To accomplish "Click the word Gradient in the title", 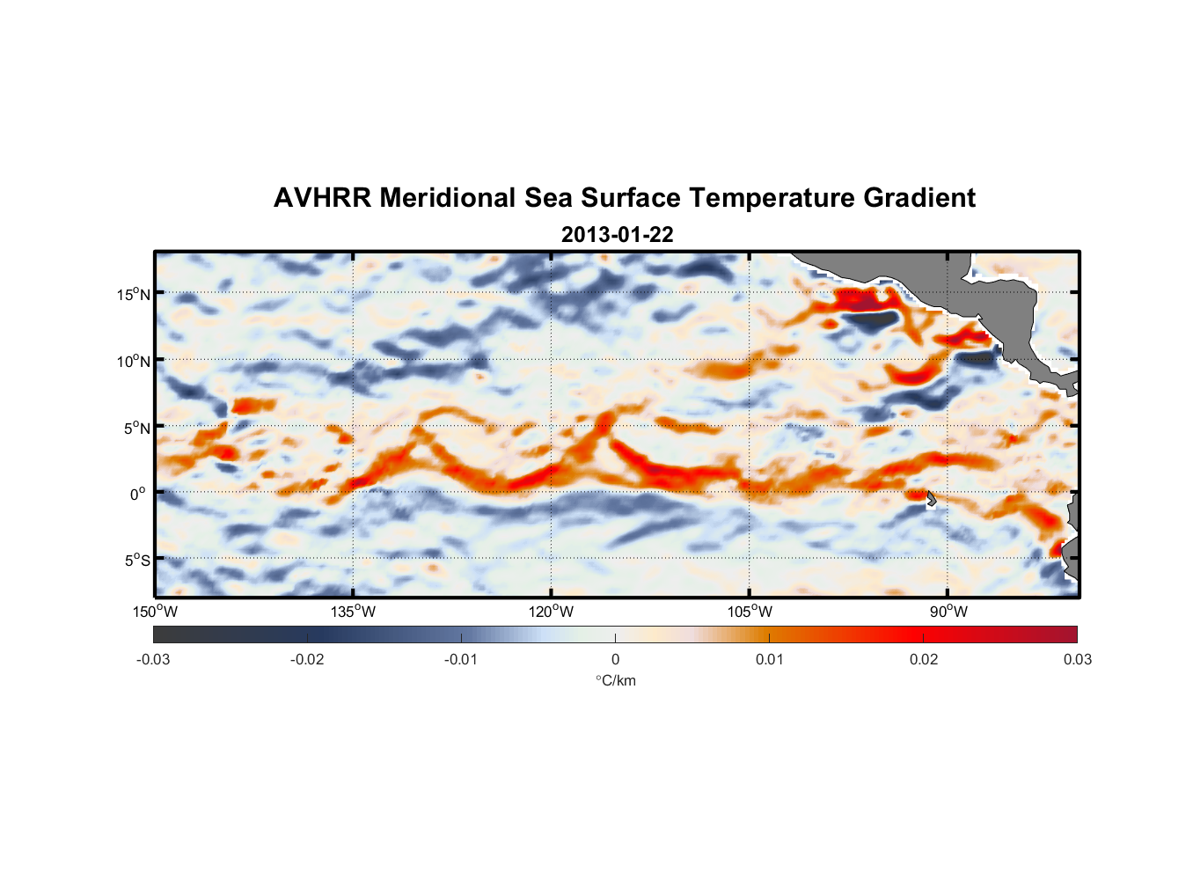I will (919, 198).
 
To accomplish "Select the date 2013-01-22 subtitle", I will (617, 235).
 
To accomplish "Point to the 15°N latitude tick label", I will (134, 294).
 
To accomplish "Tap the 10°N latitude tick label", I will (134, 361).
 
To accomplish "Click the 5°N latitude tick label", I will (136, 428).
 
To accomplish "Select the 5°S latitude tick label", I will (136, 561).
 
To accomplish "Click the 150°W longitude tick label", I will (155, 612).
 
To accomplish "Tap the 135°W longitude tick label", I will (353, 612).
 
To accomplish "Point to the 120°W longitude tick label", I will (551, 612).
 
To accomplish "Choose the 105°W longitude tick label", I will (750, 612).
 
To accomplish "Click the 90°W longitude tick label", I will (948, 612).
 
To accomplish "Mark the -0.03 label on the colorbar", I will (153, 659).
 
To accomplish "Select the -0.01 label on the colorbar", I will (461, 659).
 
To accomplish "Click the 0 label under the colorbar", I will (615, 659).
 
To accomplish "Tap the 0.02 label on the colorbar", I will (924, 659).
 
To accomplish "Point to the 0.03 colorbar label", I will (1077, 659).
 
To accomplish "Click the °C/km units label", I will (615, 680).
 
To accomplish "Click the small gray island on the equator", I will (932, 499).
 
